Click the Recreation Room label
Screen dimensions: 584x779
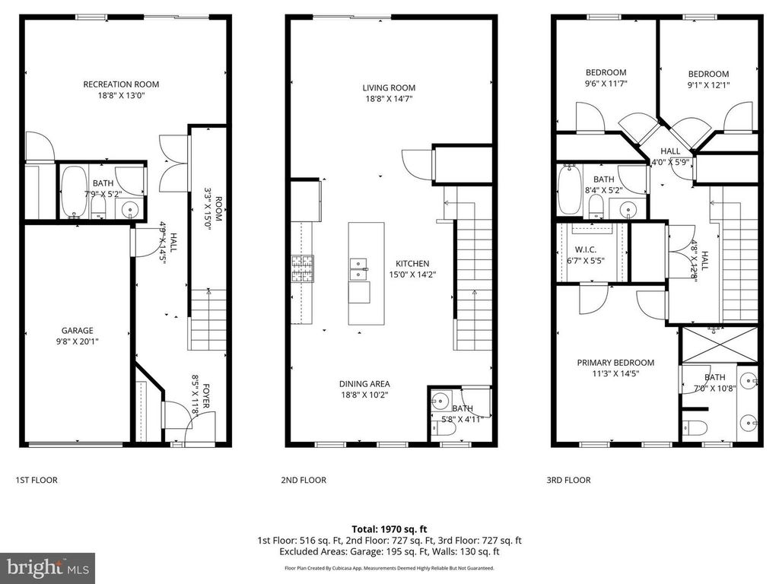(x=121, y=84)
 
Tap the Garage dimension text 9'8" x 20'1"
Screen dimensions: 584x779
(x=77, y=341)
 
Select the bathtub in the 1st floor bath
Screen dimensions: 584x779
(x=74, y=192)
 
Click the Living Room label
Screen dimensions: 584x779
(x=389, y=87)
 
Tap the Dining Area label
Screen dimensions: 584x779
(x=364, y=384)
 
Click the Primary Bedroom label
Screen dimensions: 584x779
(x=615, y=363)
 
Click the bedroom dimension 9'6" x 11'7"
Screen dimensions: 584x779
(x=606, y=84)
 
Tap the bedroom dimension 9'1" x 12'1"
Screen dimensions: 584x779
(x=709, y=85)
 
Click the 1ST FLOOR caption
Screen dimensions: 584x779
(x=37, y=481)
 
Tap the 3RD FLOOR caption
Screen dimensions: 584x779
(x=570, y=481)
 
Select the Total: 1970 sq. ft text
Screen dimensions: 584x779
(x=389, y=528)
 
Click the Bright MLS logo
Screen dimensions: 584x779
(x=47, y=567)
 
